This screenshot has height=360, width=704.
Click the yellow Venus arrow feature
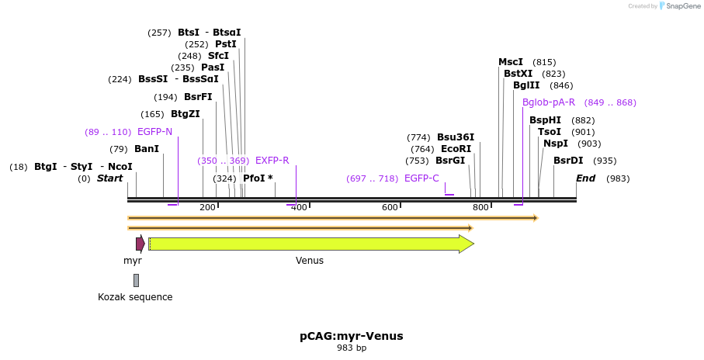point(310,244)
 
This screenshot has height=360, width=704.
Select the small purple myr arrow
point(140,244)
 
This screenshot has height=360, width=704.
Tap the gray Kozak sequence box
point(136,280)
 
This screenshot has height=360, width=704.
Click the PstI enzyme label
point(226,44)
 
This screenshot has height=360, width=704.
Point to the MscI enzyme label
point(511,62)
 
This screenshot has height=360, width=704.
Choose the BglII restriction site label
point(526,85)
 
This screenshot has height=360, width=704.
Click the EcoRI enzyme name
point(456,149)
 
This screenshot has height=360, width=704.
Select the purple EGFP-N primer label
point(154,132)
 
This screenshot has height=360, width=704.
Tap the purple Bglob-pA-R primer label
point(549,102)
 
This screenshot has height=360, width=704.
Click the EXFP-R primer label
point(272,161)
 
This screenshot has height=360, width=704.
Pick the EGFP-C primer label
point(421,178)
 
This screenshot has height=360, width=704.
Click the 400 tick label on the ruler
point(299,207)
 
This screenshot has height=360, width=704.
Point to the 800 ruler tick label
point(480,207)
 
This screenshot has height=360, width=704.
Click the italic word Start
point(109,178)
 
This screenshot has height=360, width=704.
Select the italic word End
point(586,178)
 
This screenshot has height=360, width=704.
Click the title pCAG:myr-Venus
point(352,336)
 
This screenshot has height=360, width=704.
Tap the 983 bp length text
point(352,348)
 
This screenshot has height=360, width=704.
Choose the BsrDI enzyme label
point(568,161)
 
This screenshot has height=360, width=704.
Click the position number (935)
point(605,161)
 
